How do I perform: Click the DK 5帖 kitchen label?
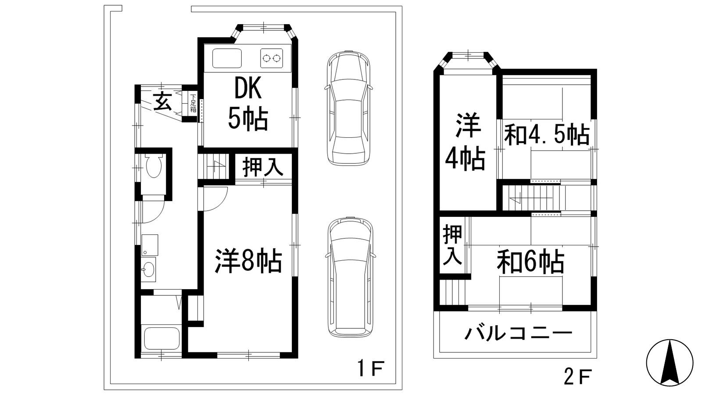[x=248, y=104]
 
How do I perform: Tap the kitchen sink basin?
[x=227, y=58]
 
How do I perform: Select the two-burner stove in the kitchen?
[x=272, y=58]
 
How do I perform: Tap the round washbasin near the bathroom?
[x=149, y=269]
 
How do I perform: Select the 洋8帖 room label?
[x=248, y=261]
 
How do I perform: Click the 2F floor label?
[x=578, y=377]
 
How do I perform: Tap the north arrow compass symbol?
[x=670, y=363]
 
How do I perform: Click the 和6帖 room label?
[x=530, y=262]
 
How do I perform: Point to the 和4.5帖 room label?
[x=547, y=134]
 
